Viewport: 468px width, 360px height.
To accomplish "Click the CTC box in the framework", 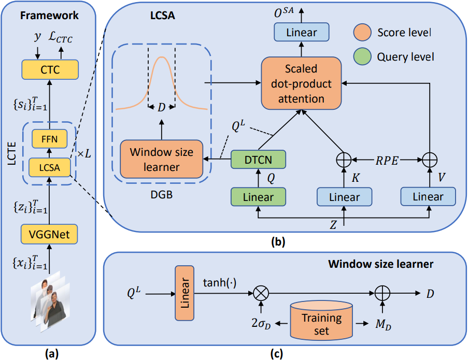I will pos(50,69).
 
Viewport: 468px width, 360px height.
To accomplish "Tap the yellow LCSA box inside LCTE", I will pos(50,167).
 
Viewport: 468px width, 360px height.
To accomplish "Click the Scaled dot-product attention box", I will pos(302,83).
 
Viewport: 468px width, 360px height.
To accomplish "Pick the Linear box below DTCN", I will pos(258,197).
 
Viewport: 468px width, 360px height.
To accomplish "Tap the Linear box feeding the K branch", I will pos(345,197).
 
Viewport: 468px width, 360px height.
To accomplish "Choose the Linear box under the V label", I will pos(428,197).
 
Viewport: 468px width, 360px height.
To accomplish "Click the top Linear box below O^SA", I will pos(302,33).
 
